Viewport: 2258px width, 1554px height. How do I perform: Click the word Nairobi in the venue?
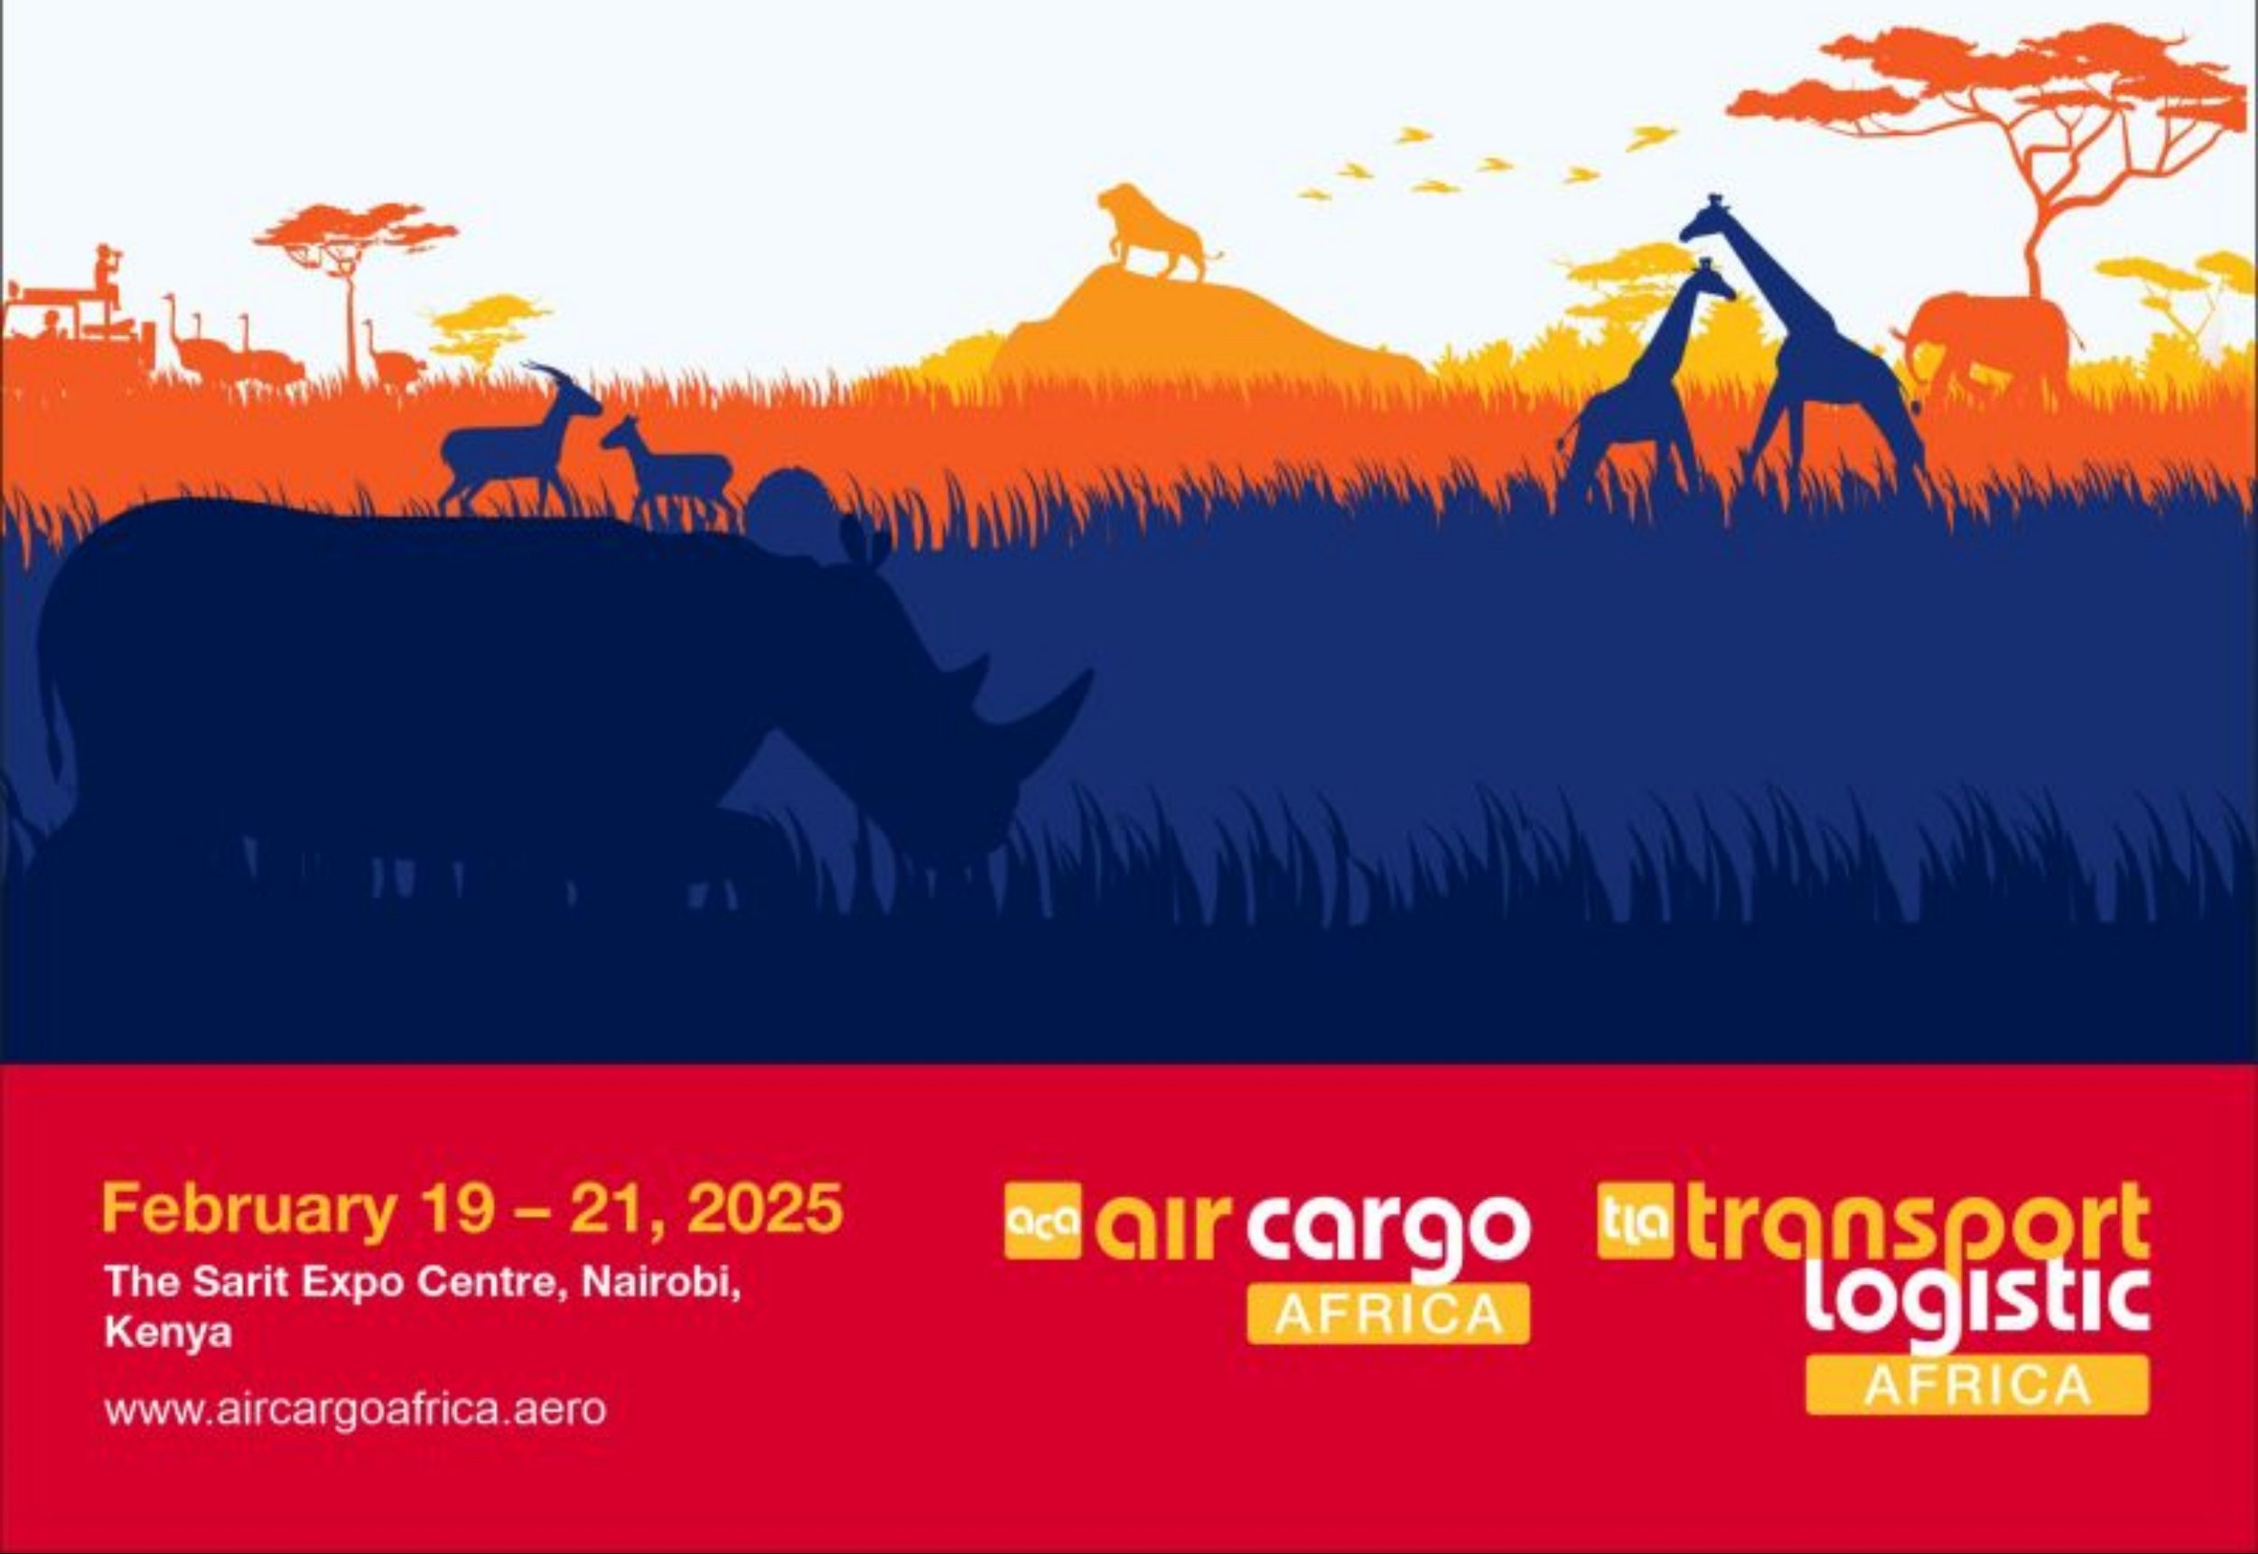pyautogui.click(x=661, y=1283)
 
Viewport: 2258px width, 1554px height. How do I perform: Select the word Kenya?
pyautogui.click(x=167, y=1333)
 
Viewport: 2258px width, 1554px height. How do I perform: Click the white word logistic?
pyautogui.click(x=1977, y=1304)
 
